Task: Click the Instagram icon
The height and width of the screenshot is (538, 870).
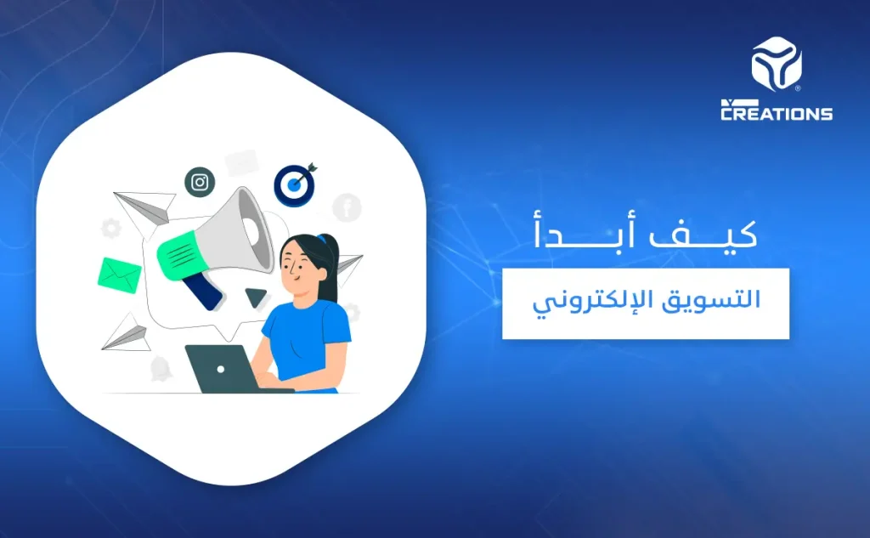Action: point(200,182)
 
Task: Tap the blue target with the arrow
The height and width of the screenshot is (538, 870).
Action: point(294,184)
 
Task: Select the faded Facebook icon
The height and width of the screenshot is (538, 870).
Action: point(347,207)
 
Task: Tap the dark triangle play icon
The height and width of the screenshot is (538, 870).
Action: point(255,297)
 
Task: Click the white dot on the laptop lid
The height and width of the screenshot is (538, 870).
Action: point(220,370)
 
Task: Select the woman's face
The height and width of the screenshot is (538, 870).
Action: point(299,268)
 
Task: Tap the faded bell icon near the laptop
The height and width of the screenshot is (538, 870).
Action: point(161,367)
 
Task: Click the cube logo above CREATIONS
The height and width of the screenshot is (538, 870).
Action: point(776,64)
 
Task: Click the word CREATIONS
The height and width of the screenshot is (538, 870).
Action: point(776,113)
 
